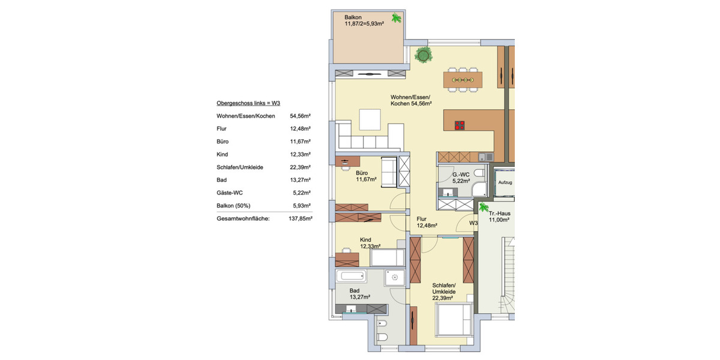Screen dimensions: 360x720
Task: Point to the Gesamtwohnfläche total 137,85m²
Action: pos(299,219)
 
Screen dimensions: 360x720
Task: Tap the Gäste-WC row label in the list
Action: pos(231,193)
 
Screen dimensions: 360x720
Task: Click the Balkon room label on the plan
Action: pos(354,17)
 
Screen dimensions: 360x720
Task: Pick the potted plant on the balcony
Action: pos(397,19)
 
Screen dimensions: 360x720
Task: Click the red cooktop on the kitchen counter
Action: pos(460,125)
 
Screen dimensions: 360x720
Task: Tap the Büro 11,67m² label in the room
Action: pos(365,175)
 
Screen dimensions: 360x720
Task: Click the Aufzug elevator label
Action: pos(505,182)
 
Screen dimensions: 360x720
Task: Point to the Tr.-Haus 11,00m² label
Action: pos(499,217)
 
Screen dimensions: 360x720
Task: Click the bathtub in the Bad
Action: pos(351,277)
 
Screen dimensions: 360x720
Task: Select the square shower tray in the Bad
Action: pos(395,277)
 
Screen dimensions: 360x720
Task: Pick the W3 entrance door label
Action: pos(473,223)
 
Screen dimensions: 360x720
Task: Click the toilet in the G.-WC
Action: pos(479,174)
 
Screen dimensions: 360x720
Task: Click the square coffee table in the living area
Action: pos(370,119)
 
